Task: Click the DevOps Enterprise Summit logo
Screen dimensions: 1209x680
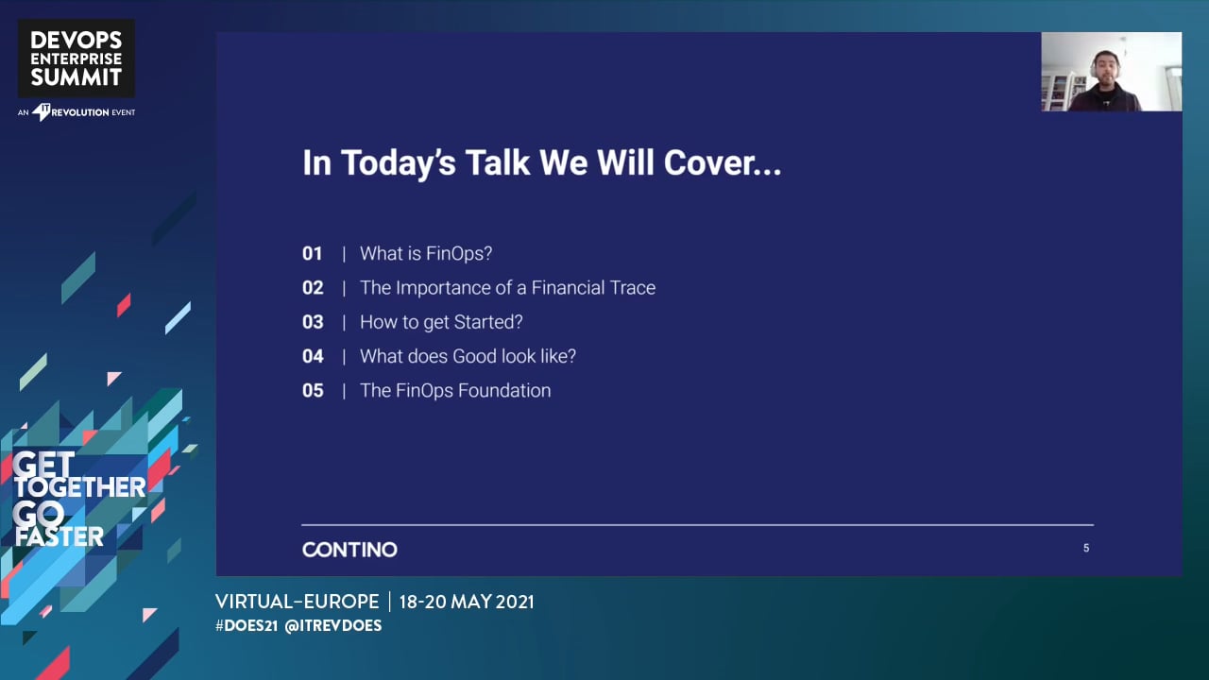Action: pyautogui.click(x=77, y=59)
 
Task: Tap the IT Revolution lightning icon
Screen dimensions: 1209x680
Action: pyautogui.click(x=41, y=112)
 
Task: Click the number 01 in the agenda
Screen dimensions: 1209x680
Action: pyautogui.click(x=312, y=253)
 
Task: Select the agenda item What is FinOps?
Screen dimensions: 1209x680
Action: pyautogui.click(x=426, y=254)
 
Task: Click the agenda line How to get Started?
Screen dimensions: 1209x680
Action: pyautogui.click(x=441, y=322)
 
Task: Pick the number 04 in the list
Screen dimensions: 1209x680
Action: pyautogui.click(x=313, y=356)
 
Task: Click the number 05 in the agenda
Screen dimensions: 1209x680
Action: pyautogui.click(x=313, y=390)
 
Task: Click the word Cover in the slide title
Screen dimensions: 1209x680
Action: pyautogui.click(x=723, y=162)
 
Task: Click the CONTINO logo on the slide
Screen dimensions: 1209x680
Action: pyautogui.click(x=349, y=550)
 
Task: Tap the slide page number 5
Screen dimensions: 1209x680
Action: pyautogui.click(x=1086, y=548)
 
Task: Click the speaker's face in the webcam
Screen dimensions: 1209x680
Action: pyautogui.click(x=1105, y=70)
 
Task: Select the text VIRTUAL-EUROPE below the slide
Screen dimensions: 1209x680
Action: pyautogui.click(x=298, y=602)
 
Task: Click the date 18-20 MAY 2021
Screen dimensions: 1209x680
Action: pyautogui.click(x=467, y=602)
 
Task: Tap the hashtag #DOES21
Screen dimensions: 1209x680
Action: pyautogui.click(x=247, y=625)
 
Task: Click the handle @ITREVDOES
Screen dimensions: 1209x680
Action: pyautogui.click(x=333, y=625)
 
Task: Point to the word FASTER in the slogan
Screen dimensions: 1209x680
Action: pyautogui.click(x=60, y=536)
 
